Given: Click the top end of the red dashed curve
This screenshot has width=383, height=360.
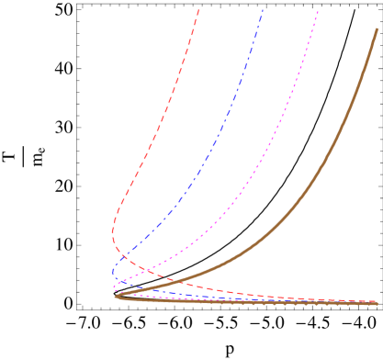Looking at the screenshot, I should [198, 9].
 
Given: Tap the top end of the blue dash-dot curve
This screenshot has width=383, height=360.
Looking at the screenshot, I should [263, 9].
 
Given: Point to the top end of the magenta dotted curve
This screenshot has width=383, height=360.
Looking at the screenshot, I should [318, 11].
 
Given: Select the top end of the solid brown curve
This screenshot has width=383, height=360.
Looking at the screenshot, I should [377, 29].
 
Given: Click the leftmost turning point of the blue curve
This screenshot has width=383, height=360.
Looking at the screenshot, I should [113, 273].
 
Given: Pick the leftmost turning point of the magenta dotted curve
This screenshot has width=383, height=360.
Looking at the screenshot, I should [115, 287].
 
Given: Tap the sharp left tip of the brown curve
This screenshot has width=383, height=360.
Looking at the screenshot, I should [116, 297].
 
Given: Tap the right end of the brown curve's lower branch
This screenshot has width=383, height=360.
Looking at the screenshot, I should [377, 303].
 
